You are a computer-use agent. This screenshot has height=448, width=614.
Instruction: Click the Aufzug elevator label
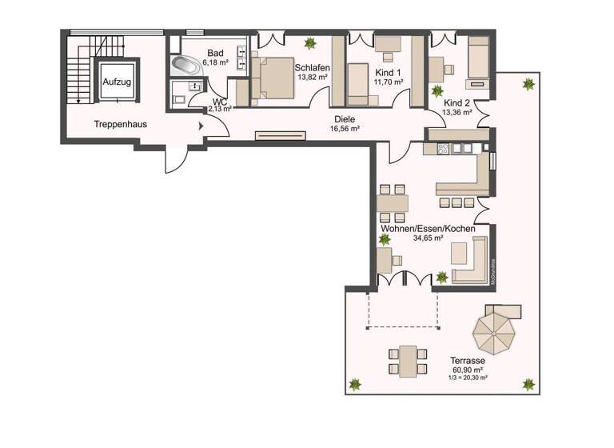(116, 82)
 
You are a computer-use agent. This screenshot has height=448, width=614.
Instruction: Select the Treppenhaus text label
(118, 124)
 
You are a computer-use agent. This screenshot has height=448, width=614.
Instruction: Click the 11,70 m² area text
(389, 82)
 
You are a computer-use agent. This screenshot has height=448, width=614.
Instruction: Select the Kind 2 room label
(457, 103)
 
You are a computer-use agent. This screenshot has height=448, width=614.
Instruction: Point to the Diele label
(345, 119)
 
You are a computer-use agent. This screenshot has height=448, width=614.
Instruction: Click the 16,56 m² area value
(345, 129)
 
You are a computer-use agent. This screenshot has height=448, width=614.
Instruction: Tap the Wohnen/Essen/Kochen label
(429, 229)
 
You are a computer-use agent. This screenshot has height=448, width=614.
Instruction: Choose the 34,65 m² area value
(428, 238)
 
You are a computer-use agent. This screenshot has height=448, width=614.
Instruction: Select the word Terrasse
(468, 361)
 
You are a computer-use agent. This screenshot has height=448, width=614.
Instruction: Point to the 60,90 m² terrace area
(468, 370)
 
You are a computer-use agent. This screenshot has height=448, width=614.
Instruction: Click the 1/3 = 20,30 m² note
(468, 378)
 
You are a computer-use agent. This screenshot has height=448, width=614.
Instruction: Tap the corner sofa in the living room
(472, 264)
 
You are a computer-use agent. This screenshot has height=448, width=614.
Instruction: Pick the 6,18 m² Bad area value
(215, 62)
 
